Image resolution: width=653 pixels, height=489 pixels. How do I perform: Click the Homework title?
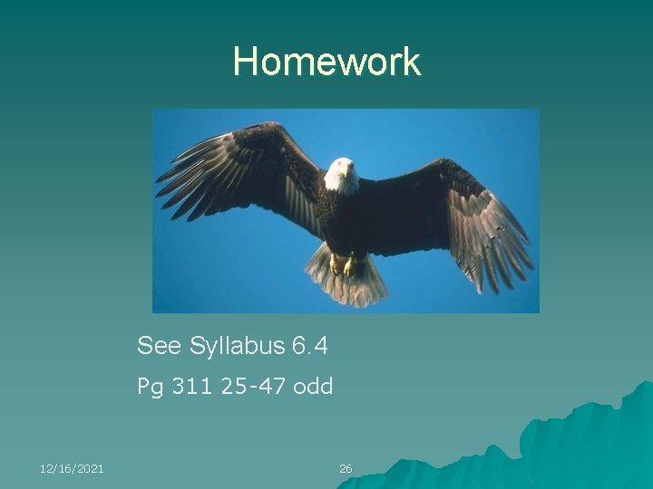pyautogui.click(x=326, y=62)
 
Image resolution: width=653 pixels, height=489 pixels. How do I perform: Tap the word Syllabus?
pyautogui.click(x=238, y=346)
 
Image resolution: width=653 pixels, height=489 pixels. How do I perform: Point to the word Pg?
pyautogui.click(x=149, y=388)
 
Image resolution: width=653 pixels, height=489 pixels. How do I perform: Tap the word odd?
pyautogui.click(x=315, y=387)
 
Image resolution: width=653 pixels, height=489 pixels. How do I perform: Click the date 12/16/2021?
pyautogui.click(x=72, y=468)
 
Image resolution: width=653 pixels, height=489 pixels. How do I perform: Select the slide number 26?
pyautogui.click(x=346, y=468)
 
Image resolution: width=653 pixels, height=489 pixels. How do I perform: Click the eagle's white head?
pyautogui.click(x=341, y=174)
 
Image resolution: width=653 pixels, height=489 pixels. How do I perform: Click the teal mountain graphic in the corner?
pyautogui.click(x=580, y=444)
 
